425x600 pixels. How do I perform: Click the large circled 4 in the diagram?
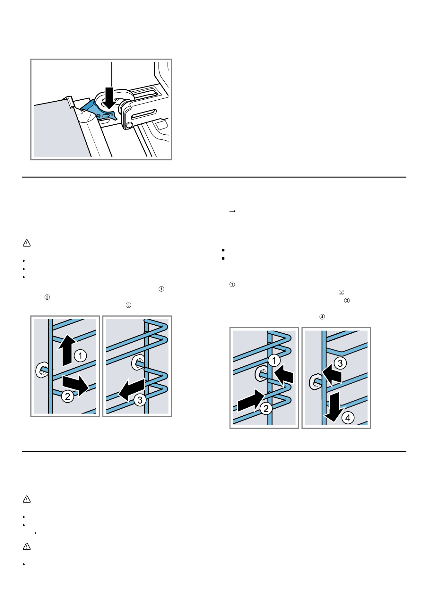click(x=348, y=418)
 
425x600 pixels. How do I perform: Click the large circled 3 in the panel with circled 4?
click(x=340, y=363)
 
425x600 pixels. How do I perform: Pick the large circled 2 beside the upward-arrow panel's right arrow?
click(x=68, y=396)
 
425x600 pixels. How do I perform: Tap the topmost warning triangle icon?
click(x=27, y=243)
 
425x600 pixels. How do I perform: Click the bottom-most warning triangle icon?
click(x=27, y=546)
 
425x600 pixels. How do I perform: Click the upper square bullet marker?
click(x=223, y=250)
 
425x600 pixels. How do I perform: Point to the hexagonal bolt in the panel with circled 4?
click(x=315, y=381)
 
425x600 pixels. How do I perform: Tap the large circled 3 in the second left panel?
click(x=140, y=400)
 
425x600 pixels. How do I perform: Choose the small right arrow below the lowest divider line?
click(x=33, y=533)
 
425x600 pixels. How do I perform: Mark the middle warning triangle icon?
click(x=27, y=499)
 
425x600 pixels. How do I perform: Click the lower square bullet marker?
click(x=223, y=258)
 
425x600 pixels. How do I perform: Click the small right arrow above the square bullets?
click(x=233, y=211)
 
